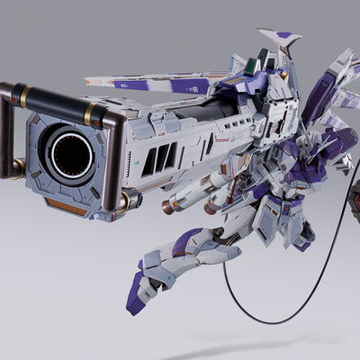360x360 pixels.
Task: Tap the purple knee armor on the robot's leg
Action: click(x=190, y=239)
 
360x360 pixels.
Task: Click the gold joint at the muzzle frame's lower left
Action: click(x=16, y=167)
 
